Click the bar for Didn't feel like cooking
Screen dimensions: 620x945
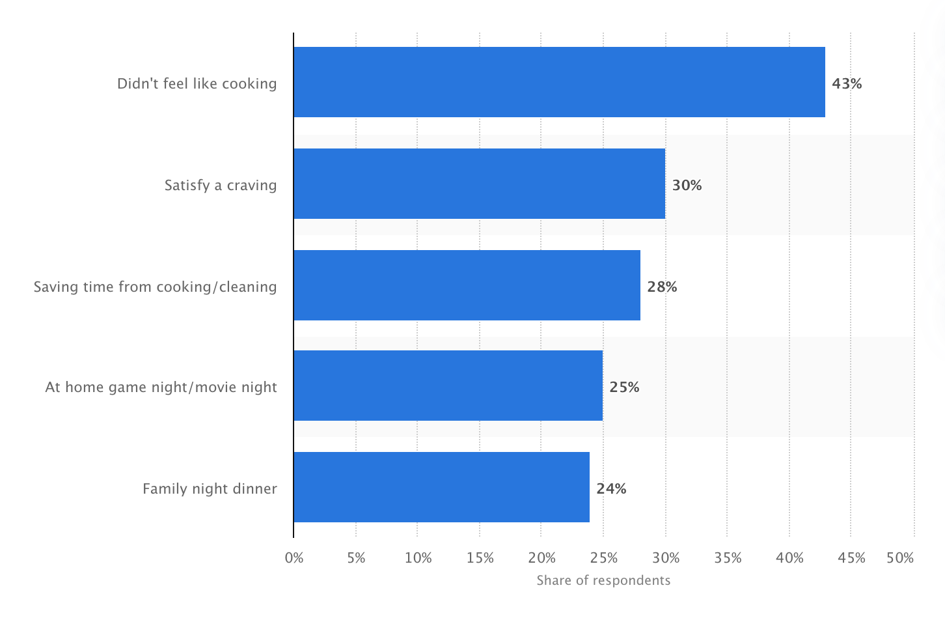(559, 82)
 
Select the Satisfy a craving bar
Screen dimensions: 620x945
(479, 184)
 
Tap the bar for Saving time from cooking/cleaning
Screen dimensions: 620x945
(467, 285)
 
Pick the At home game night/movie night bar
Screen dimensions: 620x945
(448, 386)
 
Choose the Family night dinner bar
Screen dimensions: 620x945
(441, 487)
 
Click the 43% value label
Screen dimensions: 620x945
(847, 83)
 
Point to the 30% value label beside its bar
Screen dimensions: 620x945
(687, 185)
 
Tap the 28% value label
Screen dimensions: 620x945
(662, 287)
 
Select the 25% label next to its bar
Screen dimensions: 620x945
(624, 387)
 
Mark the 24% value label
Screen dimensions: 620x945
(611, 488)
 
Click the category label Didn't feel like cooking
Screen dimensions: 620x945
(197, 83)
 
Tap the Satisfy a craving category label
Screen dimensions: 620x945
(221, 185)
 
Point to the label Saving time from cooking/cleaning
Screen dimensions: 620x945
(155, 287)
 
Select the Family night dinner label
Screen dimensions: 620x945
(210, 488)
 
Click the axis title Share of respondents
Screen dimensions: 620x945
(603, 580)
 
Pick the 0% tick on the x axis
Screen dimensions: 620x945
(294, 557)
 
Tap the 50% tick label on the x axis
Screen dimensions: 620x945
(900, 557)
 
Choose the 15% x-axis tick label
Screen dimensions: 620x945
(480, 557)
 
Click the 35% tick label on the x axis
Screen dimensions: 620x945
(728, 557)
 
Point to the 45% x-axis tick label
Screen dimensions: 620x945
(851, 557)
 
